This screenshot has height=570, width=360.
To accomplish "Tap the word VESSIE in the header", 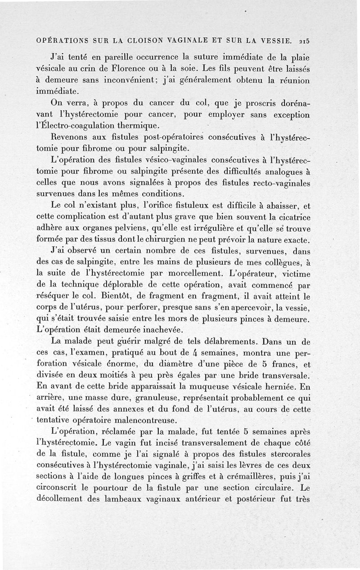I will click(x=278, y=40).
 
